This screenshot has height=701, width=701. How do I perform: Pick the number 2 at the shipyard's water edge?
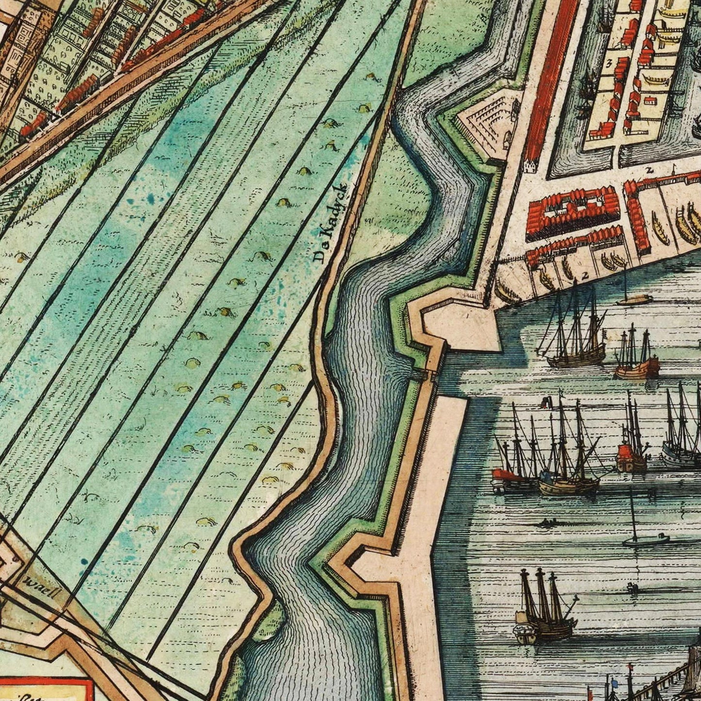pyautogui.click(x=585, y=275)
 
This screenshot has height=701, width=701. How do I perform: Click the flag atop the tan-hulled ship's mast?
pyautogui.click(x=546, y=402)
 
